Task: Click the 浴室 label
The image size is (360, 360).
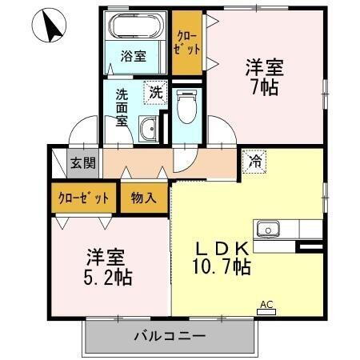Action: (x=134, y=56)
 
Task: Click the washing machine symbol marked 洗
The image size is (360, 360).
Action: (x=156, y=92)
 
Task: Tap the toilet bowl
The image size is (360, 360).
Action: (x=186, y=109)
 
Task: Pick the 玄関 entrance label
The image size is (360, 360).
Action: (x=82, y=163)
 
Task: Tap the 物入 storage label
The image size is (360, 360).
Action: (x=145, y=198)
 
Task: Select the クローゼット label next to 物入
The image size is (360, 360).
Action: (x=83, y=198)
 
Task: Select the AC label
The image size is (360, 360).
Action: (x=266, y=304)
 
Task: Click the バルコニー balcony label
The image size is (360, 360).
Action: (x=170, y=336)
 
